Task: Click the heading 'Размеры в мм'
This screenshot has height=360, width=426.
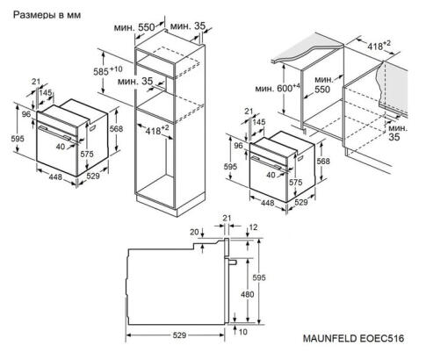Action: [x=43, y=15]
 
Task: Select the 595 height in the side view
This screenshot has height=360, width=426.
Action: [x=271, y=277]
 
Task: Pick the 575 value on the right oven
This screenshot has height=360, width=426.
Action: [x=297, y=182]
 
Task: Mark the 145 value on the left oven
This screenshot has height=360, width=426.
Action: [x=45, y=93]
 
